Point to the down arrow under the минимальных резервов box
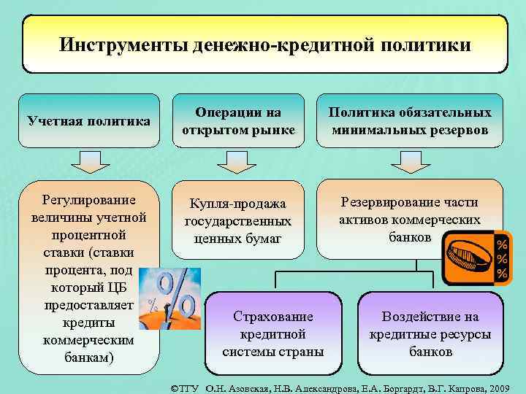410,162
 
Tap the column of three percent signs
503,257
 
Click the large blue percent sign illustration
173,295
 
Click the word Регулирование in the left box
88,200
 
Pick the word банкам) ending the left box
88,357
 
